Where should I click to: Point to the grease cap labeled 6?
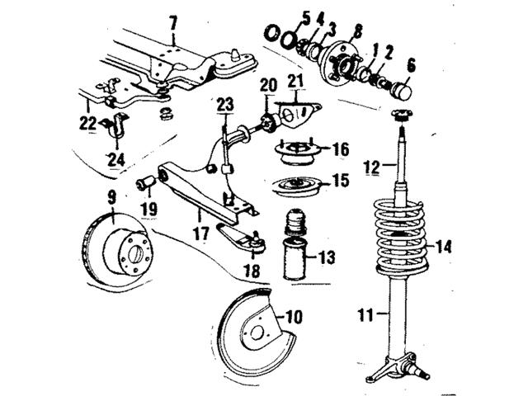point(403,90)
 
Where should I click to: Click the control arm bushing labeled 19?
point(145,181)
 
